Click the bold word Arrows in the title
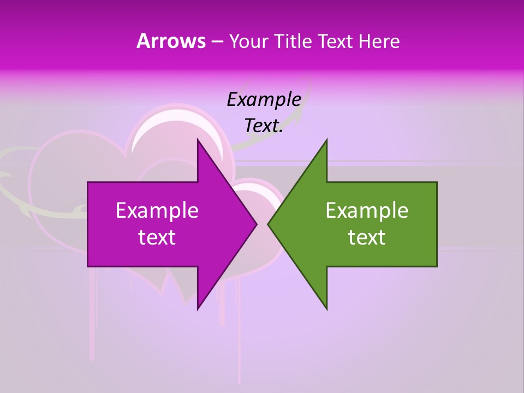171,41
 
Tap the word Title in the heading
293,41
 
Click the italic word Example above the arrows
264,99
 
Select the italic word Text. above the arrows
264,126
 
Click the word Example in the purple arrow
157,210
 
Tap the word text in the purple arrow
157,237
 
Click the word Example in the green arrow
367,210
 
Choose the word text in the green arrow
367,237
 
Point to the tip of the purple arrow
257,224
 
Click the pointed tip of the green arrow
268,224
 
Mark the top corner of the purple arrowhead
198,140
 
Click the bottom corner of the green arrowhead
326,309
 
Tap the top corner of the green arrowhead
326,140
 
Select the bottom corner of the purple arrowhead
198,309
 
